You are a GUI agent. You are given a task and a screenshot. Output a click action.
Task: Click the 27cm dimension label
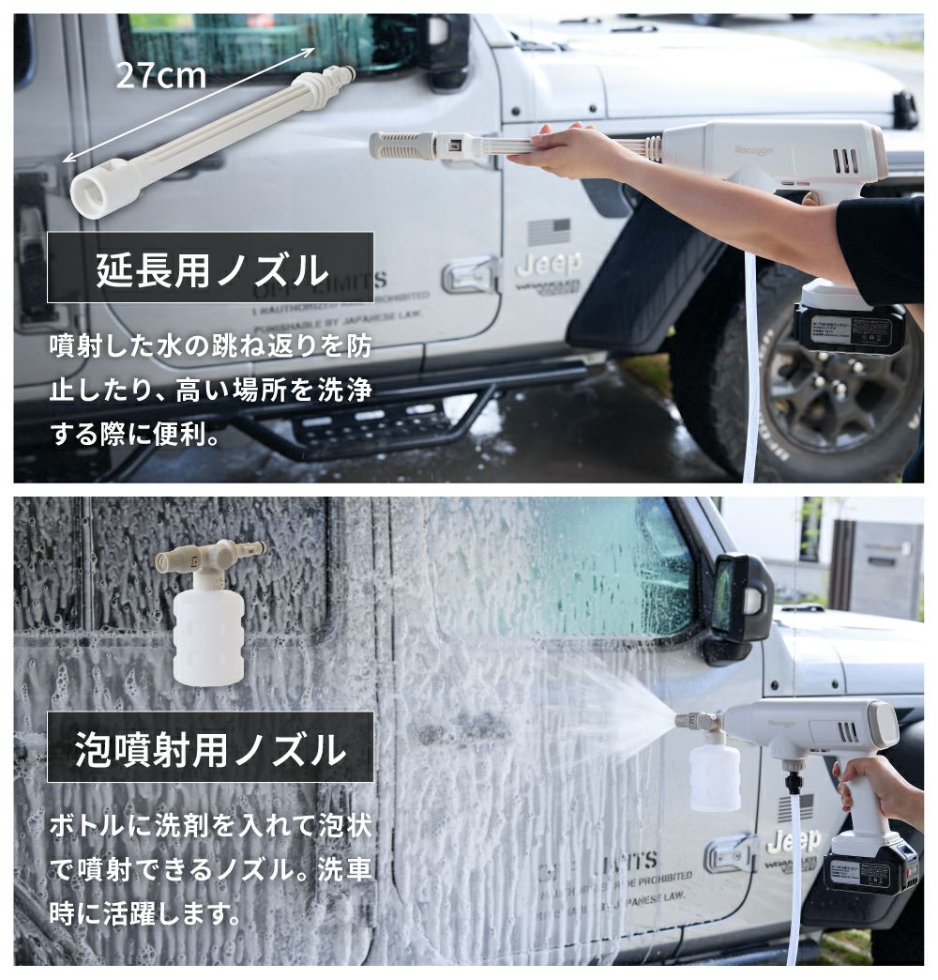[160, 75]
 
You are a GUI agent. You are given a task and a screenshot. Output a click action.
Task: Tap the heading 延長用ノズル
[213, 269]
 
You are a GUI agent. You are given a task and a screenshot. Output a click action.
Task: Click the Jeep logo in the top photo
[551, 265]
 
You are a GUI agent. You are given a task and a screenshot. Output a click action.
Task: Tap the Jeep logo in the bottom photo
[794, 840]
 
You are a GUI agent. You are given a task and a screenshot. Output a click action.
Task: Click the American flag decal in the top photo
[550, 230]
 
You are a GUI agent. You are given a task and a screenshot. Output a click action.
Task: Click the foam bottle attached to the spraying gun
[716, 775]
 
